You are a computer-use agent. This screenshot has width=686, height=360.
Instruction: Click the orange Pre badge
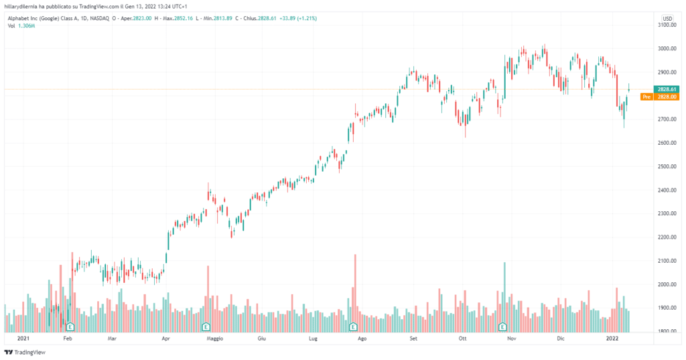click(646, 97)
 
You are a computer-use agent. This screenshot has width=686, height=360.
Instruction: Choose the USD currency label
click(667, 18)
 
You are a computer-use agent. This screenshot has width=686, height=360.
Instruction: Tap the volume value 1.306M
click(26, 25)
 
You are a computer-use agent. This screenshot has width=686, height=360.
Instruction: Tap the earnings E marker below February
click(68, 327)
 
